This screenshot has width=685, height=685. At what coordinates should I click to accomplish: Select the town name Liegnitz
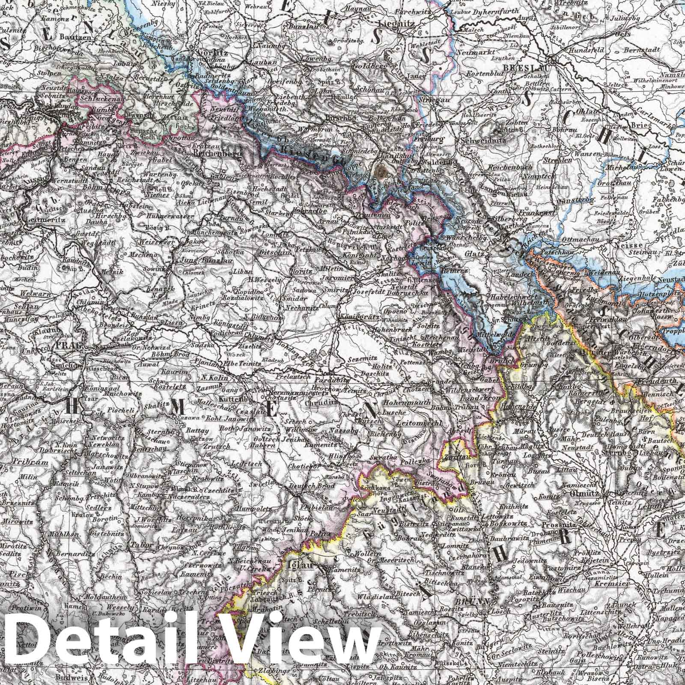[x=399, y=24]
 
